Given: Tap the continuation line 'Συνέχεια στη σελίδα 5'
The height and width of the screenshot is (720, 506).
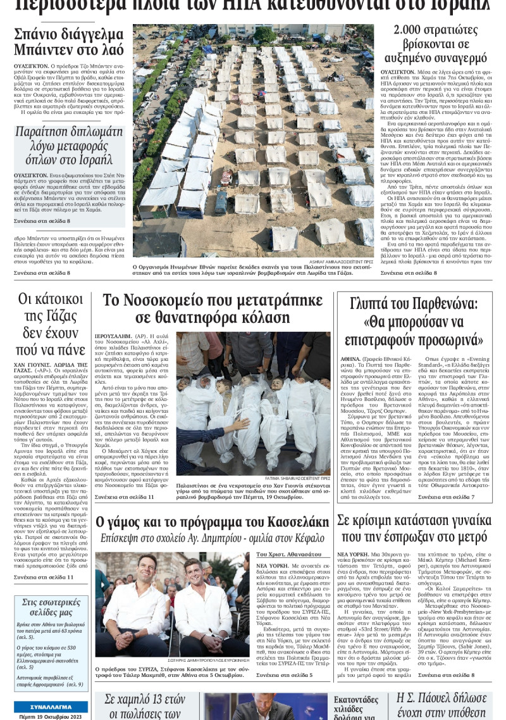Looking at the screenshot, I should (283, 676).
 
